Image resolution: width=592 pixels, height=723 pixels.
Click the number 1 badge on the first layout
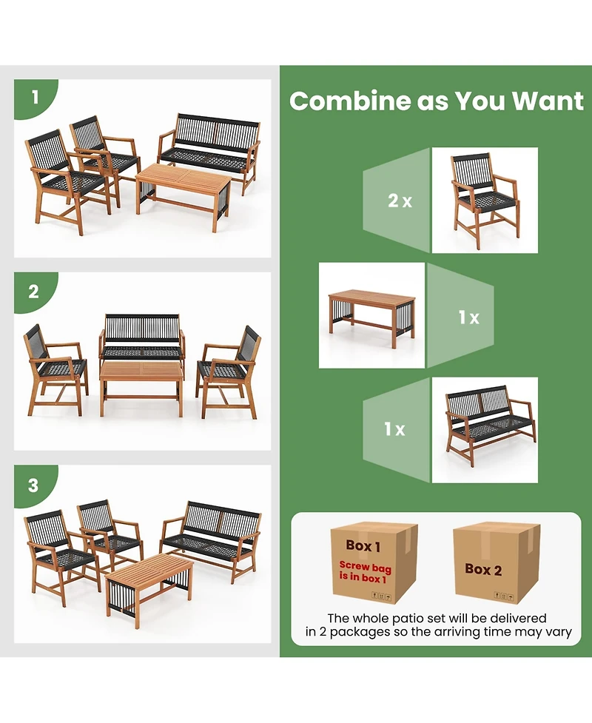pyautogui.click(x=34, y=96)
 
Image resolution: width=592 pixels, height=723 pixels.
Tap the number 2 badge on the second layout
pyautogui.click(x=34, y=291)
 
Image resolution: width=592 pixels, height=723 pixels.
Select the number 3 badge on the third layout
pyautogui.click(x=34, y=485)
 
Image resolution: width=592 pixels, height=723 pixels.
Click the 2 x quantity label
pyautogui.click(x=400, y=201)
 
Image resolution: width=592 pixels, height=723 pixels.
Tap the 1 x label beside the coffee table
pyautogui.click(x=468, y=317)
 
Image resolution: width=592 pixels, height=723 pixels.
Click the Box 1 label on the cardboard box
pyautogui.click(x=363, y=546)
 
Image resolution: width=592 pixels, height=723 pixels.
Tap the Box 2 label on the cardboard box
pyautogui.click(x=483, y=569)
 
